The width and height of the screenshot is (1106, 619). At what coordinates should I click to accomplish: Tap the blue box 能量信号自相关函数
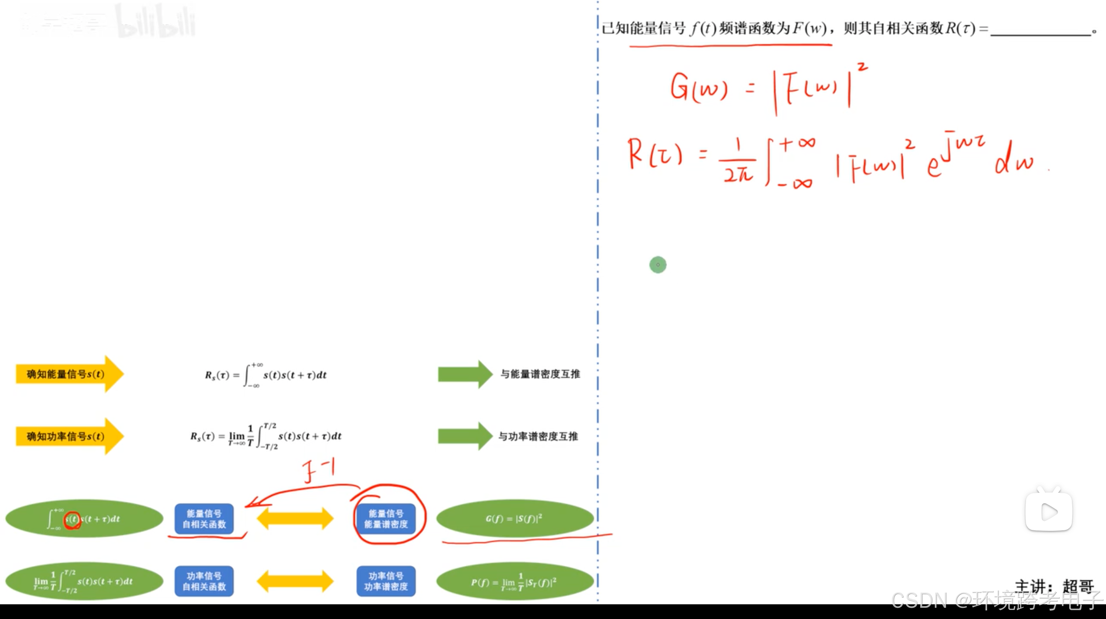click(x=204, y=519)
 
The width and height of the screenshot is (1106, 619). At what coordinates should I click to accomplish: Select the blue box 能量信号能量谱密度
click(x=386, y=519)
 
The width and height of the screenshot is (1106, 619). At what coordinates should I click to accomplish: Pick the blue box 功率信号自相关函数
click(x=204, y=581)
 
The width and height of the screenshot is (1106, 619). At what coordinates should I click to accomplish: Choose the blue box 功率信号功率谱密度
click(x=386, y=581)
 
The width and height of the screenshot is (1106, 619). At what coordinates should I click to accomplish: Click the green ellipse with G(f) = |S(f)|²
click(x=515, y=518)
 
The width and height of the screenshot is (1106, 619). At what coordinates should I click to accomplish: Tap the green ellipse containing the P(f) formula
click(x=515, y=581)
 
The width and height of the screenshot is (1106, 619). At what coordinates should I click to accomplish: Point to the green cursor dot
click(x=658, y=265)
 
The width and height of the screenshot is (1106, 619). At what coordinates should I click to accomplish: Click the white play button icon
click(x=1048, y=512)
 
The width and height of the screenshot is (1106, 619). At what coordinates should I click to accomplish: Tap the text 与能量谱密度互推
click(x=540, y=374)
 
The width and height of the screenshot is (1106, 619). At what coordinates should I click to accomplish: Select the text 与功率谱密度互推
click(x=538, y=436)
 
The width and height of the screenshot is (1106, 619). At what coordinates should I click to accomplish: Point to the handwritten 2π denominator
click(x=738, y=175)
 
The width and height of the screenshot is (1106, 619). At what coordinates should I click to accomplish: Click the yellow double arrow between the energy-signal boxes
click(x=295, y=519)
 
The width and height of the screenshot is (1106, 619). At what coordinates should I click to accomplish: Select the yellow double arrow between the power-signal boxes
click(x=295, y=581)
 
